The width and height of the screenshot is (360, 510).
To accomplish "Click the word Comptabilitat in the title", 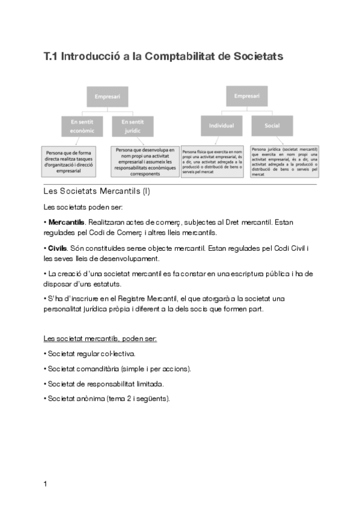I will [183, 57].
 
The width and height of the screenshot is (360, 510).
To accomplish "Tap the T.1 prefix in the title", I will [50, 57].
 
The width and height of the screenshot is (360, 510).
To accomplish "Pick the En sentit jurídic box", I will [133, 126].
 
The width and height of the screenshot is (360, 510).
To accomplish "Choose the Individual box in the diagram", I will [221, 126].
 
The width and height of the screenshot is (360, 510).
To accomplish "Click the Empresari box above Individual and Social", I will [246, 96].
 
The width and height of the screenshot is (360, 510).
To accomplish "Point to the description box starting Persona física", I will [213, 162].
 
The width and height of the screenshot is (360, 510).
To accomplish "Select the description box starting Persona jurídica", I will [284, 161].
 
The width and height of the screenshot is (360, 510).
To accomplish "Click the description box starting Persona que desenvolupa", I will [145, 161].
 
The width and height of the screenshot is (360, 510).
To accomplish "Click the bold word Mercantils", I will [66, 223].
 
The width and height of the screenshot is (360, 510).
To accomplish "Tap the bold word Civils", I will [58, 248].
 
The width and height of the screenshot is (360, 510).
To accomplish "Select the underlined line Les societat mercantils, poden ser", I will [100, 338].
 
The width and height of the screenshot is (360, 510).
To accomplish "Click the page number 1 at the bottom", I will [46, 484].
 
